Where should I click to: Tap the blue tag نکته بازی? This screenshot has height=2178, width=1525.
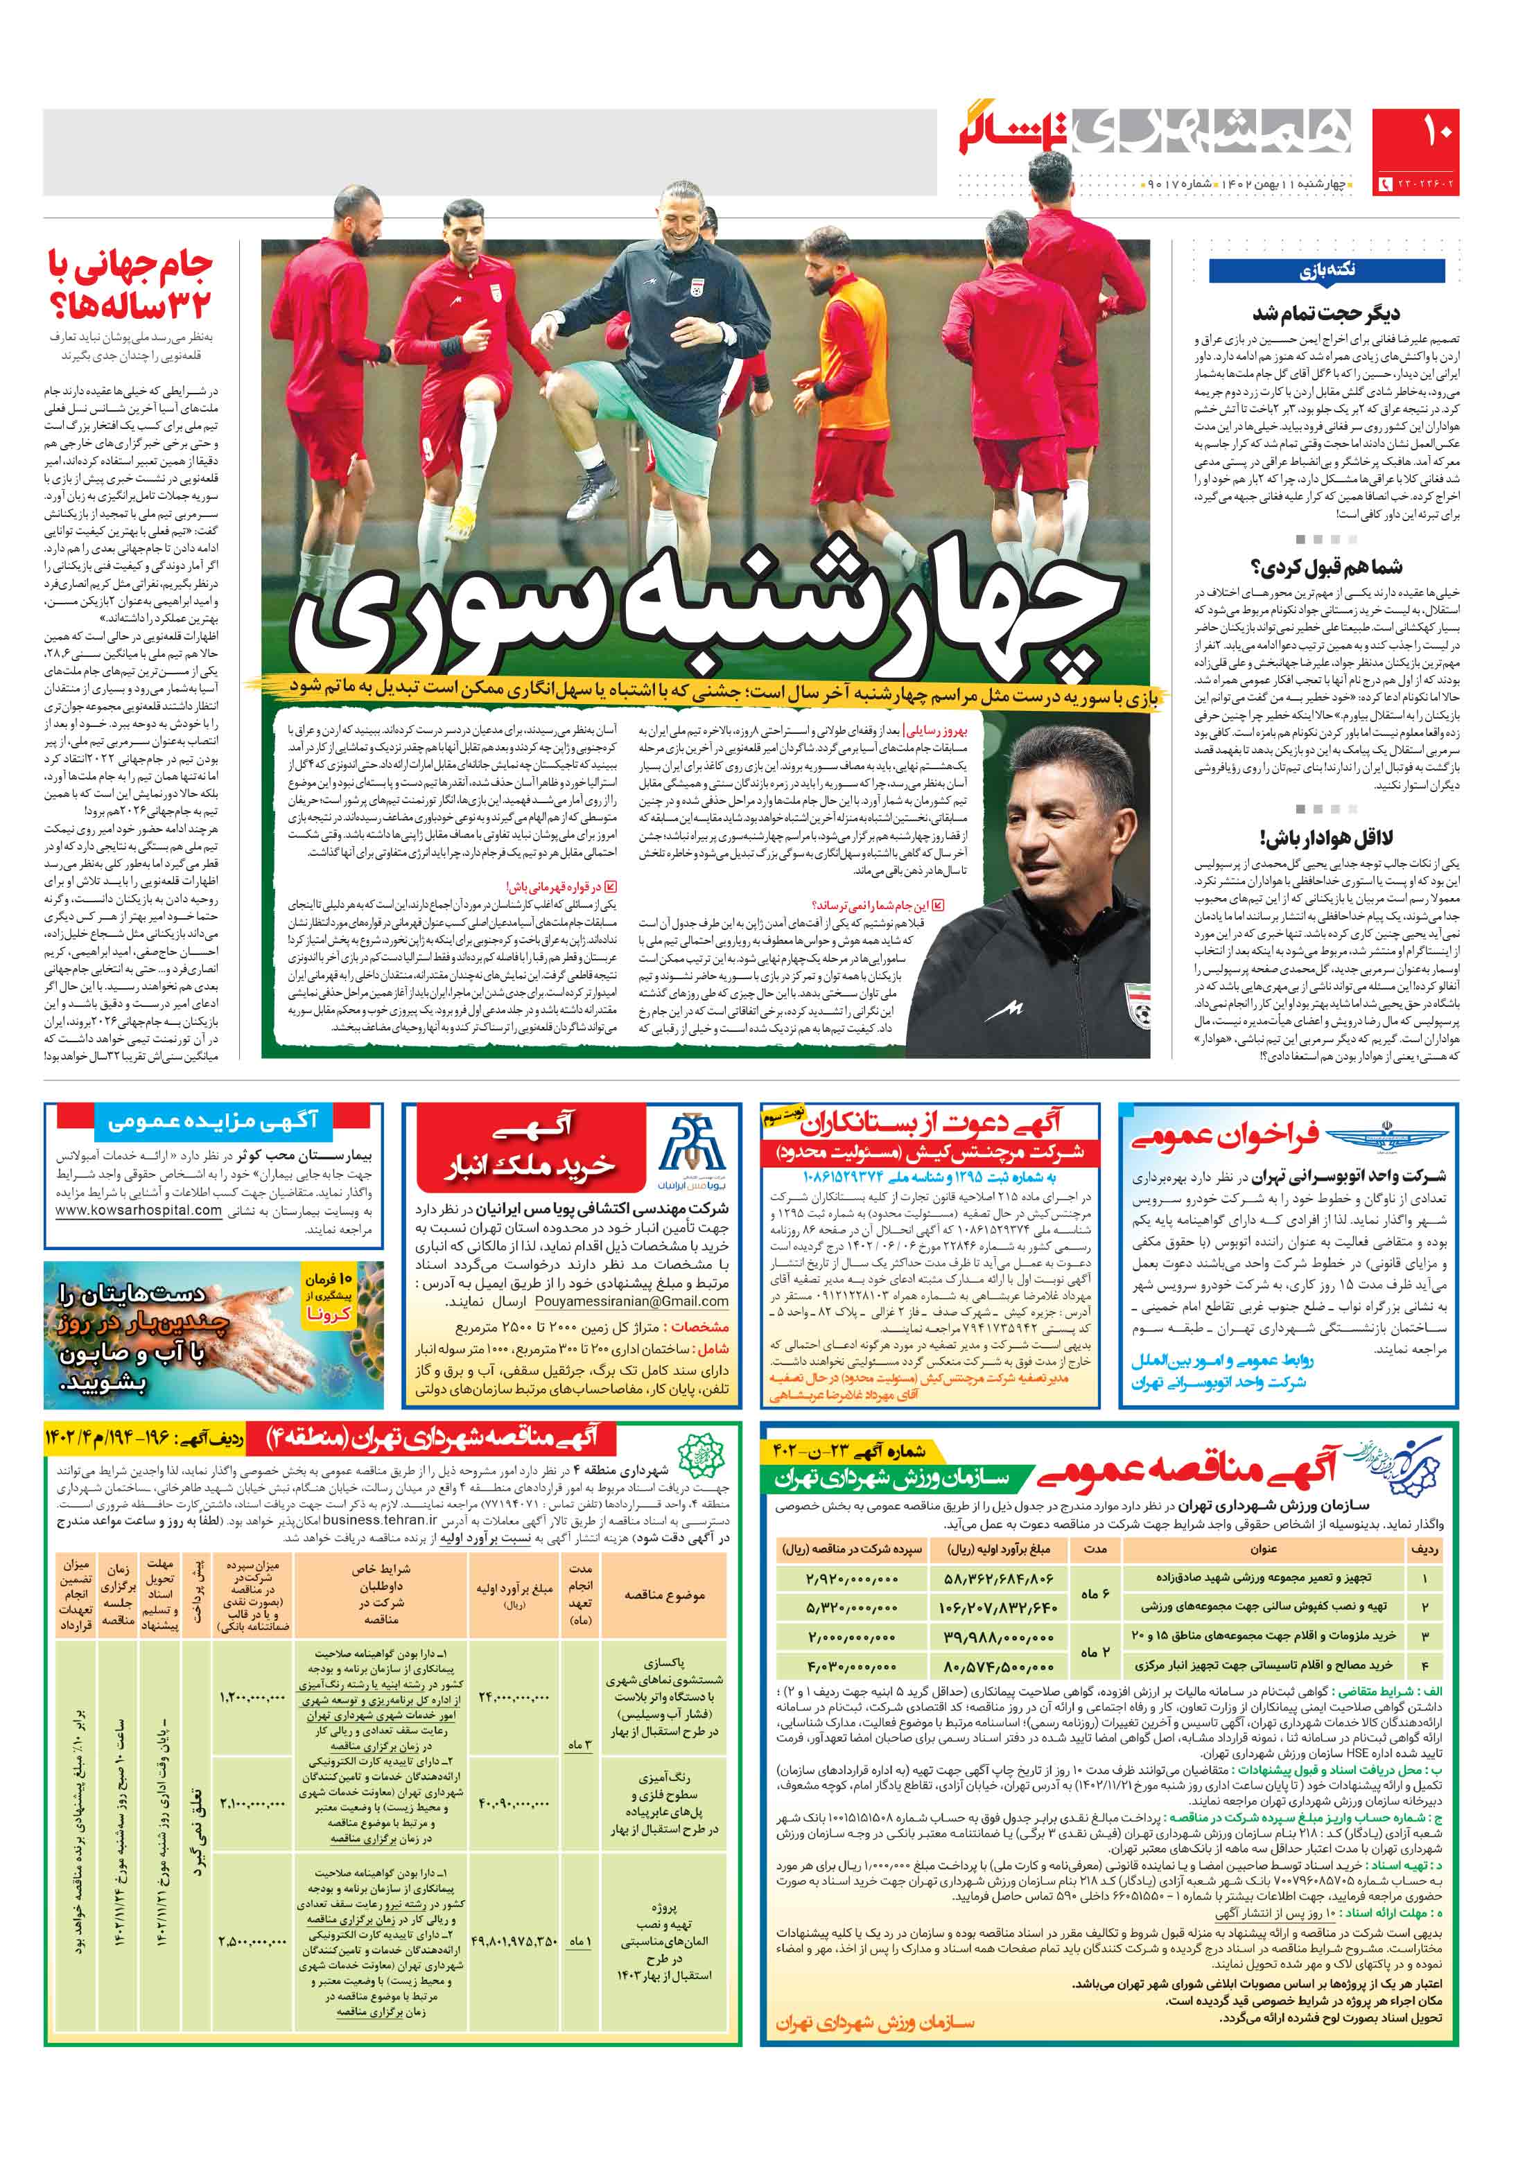1327,270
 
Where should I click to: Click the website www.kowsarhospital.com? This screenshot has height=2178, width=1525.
139,1211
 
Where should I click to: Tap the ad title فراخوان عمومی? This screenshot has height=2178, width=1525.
1224,1136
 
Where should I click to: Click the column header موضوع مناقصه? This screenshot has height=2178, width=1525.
664,1595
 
